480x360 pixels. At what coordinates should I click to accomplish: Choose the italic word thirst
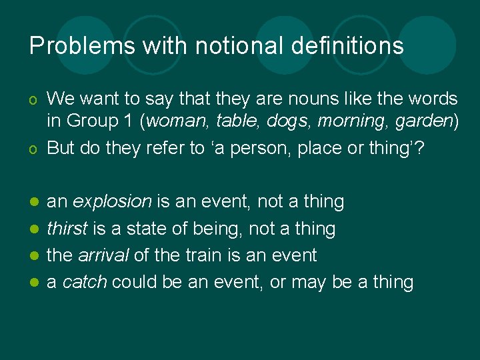[x=67, y=229]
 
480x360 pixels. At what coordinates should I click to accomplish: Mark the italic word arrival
[x=104, y=255]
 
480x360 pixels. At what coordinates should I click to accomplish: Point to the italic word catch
[x=85, y=282]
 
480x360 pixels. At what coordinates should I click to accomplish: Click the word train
[x=202, y=255]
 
